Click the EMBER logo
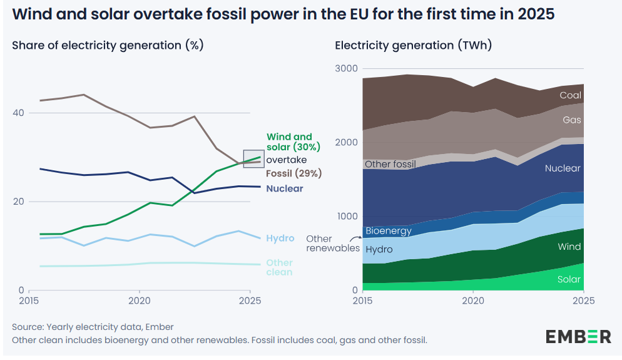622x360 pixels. pos(578,336)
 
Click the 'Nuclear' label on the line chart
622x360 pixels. pos(284,188)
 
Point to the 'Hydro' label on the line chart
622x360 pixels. pos(280,238)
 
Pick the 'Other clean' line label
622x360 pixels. pos(279,267)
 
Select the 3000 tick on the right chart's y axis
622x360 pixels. pos(345,68)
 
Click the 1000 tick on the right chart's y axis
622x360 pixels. pos(345,217)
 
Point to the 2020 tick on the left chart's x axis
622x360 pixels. pos(138,301)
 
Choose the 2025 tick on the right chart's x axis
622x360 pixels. pos(583,301)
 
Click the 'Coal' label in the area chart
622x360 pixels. pos(570,96)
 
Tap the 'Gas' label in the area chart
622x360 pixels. pos(572,119)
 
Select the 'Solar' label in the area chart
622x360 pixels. pos(569,279)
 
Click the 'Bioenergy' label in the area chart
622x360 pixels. pos(388,230)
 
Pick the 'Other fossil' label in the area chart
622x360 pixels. pos(390,164)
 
